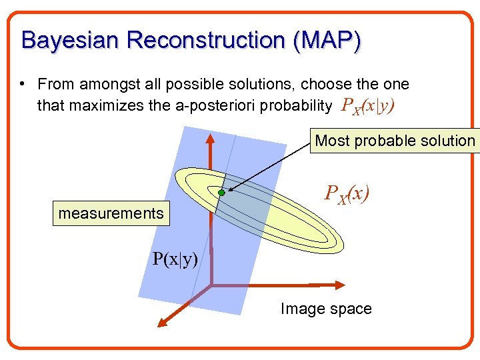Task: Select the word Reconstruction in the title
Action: point(205,40)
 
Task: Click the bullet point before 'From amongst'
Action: point(23,84)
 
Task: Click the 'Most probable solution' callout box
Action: point(395,141)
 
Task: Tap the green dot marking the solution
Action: point(221,193)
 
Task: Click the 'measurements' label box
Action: point(111,213)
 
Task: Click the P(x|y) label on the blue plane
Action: point(175,259)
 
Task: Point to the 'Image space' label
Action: point(326,309)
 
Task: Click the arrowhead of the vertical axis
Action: point(210,137)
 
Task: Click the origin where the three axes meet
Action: point(211,285)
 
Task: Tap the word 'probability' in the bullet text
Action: point(299,105)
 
